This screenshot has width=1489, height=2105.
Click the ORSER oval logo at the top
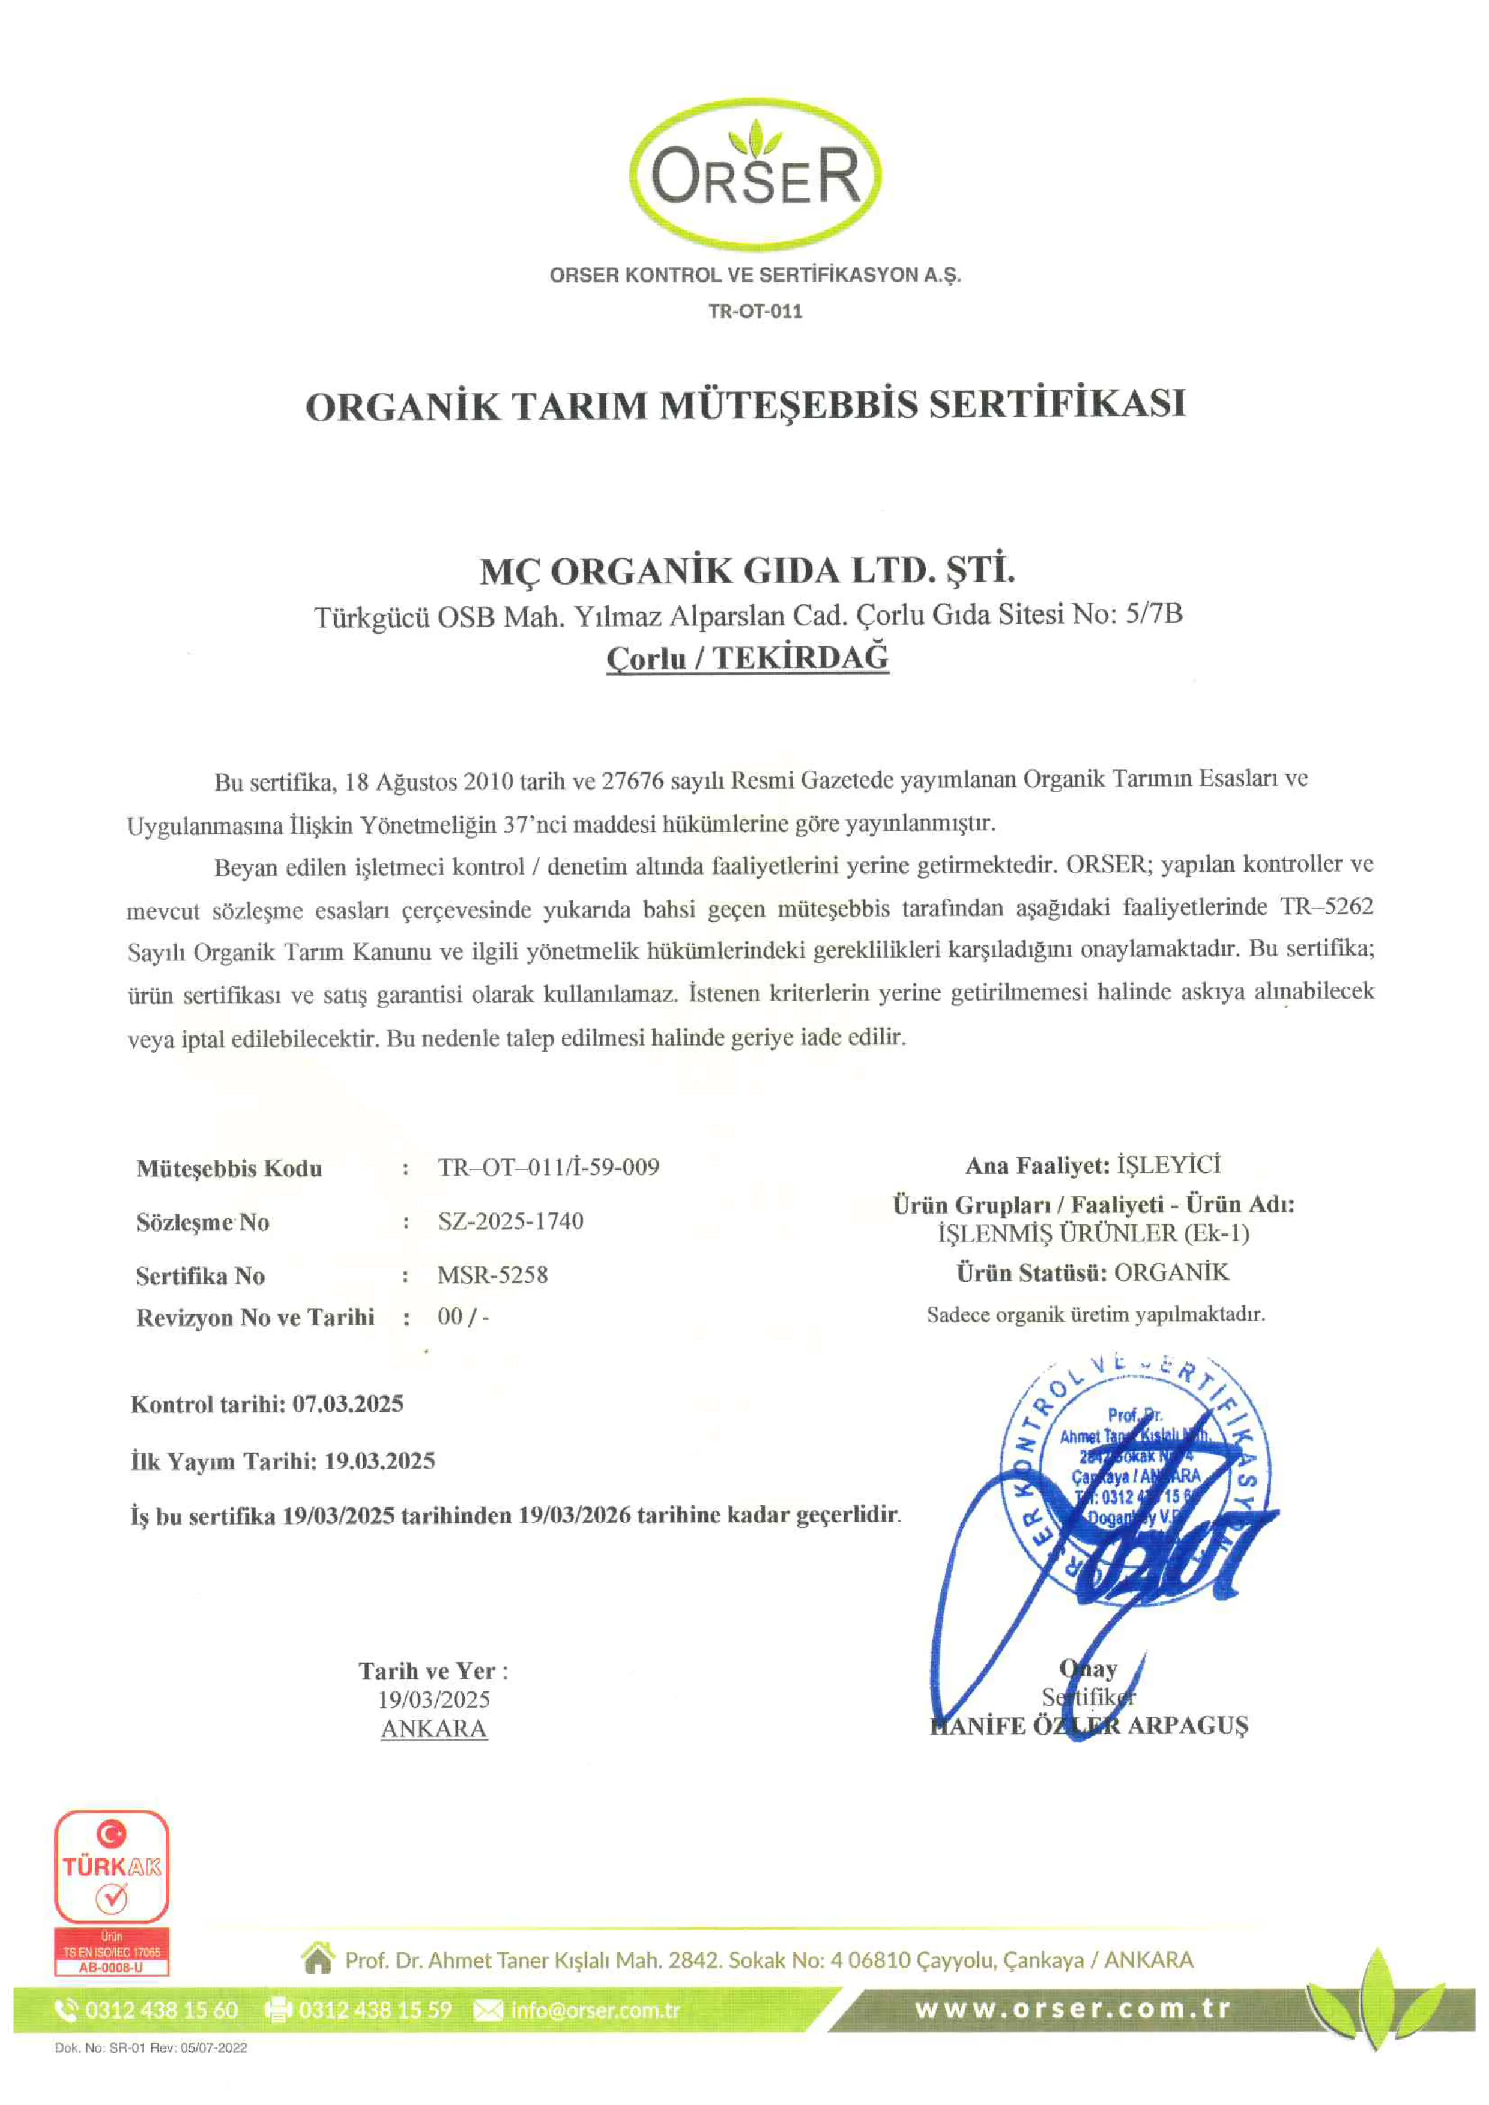(x=755, y=174)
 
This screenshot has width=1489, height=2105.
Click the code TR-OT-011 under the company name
(x=755, y=311)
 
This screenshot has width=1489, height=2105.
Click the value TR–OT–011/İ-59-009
(x=548, y=1167)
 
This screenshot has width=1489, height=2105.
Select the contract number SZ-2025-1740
(x=511, y=1221)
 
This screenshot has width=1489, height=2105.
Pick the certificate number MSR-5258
(x=492, y=1274)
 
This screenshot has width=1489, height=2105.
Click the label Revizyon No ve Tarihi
(x=255, y=1318)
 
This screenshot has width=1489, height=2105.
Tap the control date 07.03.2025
(x=348, y=1404)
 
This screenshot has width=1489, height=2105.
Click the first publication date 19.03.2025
(x=379, y=1460)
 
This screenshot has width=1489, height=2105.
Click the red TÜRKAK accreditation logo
(x=112, y=1891)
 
